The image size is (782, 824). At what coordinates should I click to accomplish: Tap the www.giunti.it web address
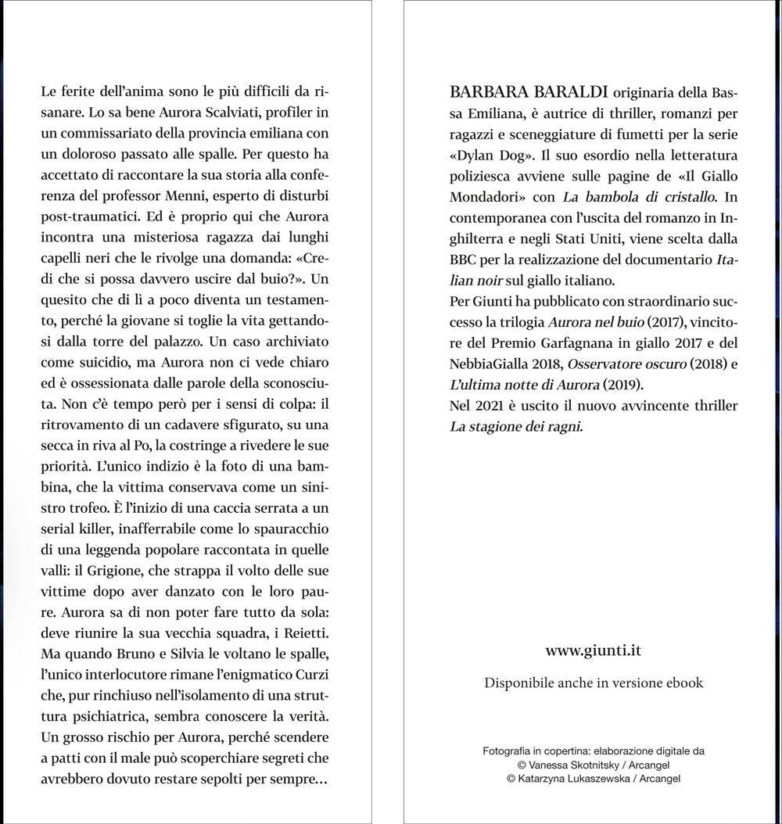point(594,650)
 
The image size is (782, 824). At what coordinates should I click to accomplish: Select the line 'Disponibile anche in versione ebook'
point(594,683)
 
